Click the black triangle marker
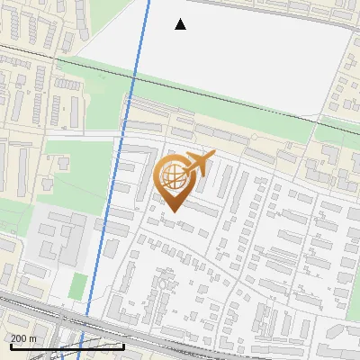click(181, 24)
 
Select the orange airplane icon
click(198, 164)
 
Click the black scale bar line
click(67, 346)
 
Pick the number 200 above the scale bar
click(19, 338)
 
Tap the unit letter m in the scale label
click(33, 338)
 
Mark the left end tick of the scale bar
click(10, 345)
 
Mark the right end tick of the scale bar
click(124, 345)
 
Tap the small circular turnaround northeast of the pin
click(254, 137)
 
